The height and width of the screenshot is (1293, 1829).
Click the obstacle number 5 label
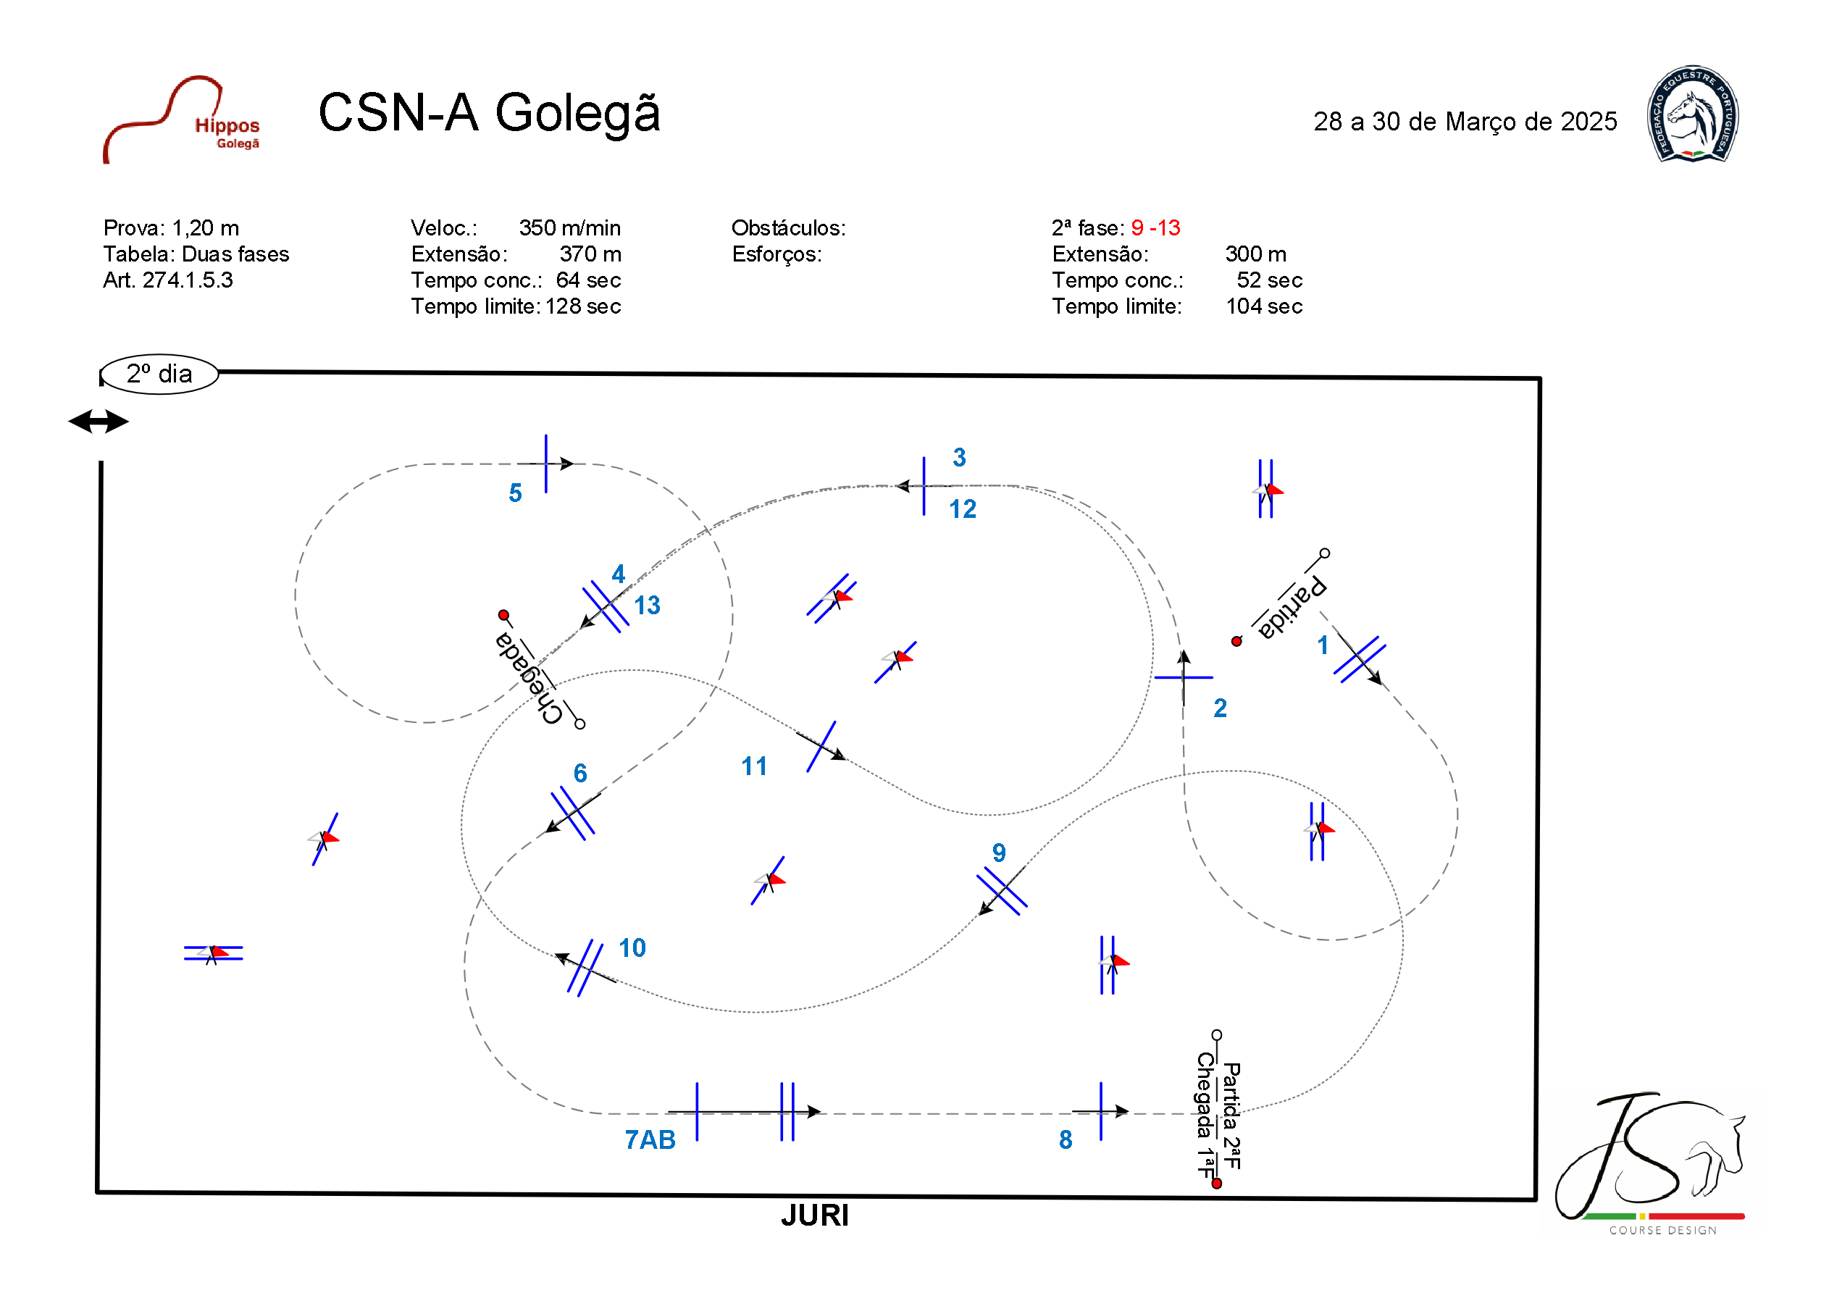click(516, 493)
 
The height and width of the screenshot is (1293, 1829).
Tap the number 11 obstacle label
click(753, 766)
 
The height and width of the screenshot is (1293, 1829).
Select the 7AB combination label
click(650, 1140)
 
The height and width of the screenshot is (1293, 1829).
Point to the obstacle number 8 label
click(1065, 1140)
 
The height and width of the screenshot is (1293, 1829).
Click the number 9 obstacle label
click(998, 853)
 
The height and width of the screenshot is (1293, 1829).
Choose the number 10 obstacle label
click(632, 948)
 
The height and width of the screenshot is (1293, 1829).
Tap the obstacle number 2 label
click(1220, 708)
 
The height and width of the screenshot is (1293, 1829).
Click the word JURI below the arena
click(814, 1215)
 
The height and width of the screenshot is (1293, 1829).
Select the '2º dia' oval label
click(159, 374)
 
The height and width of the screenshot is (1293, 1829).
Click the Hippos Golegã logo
click(183, 120)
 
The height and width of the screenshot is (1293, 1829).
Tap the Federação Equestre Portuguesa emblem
click(1692, 114)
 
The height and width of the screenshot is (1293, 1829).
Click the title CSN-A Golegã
click(489, 112)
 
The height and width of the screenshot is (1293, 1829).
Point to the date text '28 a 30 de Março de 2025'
click(1465, 122)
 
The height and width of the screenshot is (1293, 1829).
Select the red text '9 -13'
click(1155, 228)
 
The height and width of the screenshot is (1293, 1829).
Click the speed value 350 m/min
click(569, 228)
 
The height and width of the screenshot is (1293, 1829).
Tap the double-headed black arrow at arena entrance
click(98, 422)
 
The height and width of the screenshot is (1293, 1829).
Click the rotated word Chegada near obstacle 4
click(528, 677)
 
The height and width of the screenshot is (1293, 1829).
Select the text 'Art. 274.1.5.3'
click(168, 280)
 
